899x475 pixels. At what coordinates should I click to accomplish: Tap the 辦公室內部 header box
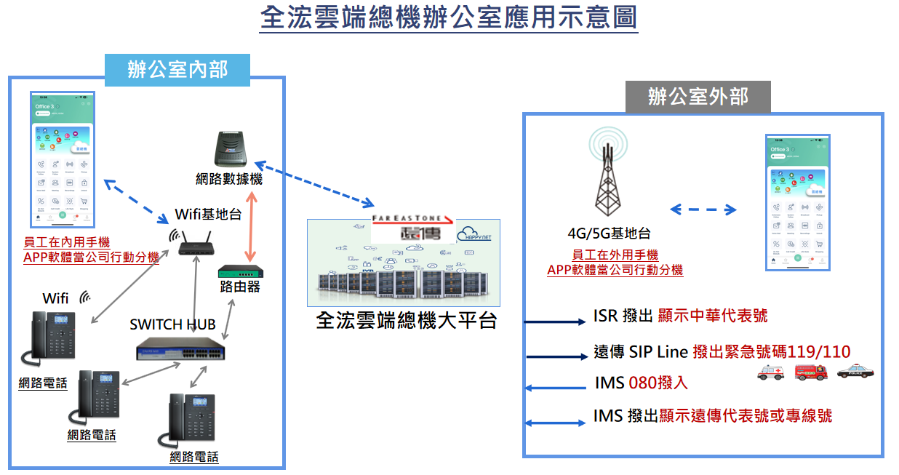(x=177, y=70)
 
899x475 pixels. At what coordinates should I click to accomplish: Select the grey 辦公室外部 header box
(x=698, y=96)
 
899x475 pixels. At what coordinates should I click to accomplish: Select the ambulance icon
(x=771, y=372)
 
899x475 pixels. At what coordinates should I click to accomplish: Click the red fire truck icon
(x=812, y=372)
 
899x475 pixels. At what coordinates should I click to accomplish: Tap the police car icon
(x=855, y=372)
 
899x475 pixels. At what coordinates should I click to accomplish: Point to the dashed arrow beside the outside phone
(x=703, y=209)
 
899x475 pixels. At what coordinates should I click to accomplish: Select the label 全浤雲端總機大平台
(x=407, y=320)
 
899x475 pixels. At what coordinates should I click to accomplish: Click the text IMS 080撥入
(x=641, y=383)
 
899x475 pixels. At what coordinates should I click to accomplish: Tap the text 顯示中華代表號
(x=712, y=316)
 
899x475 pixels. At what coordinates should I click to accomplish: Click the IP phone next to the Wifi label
(x=52, y=336)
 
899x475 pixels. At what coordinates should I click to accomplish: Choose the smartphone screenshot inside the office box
(x=63, y=157)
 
